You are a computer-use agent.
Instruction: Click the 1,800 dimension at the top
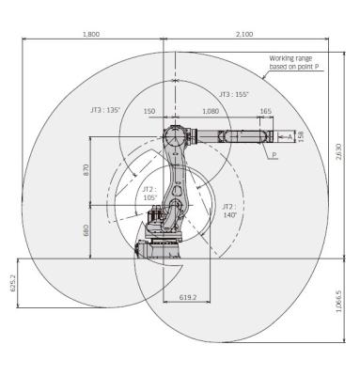point(91,35)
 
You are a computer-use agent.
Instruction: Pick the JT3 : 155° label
point(233,94)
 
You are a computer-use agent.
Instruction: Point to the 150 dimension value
point(149,111)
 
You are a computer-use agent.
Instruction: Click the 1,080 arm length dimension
point(211,111)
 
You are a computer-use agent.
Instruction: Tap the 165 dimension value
point(265,111)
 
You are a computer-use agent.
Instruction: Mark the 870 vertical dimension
point(86,171)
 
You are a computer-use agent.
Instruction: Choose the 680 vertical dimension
point(86,229)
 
